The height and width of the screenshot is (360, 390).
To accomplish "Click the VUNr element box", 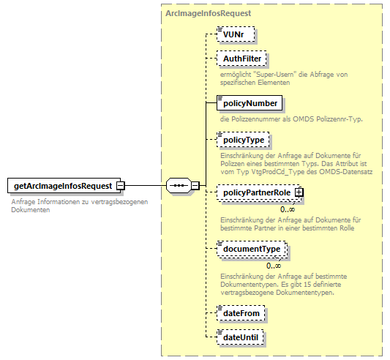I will pyautogui.click(x=235, y=34).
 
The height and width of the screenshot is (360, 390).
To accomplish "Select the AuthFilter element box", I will pyautogui.click(x=242, y=59).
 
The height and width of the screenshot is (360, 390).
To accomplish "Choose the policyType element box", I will pyautogui.click(x=244, y=139).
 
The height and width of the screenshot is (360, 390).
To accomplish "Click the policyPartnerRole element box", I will pyautogui.click(x=256, y=192).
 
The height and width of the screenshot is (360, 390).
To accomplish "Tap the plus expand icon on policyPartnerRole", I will pyautogui.click(x=299, y=192).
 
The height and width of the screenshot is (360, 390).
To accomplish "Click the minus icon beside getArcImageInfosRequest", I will pyautogui.click(x=121, y=186).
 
